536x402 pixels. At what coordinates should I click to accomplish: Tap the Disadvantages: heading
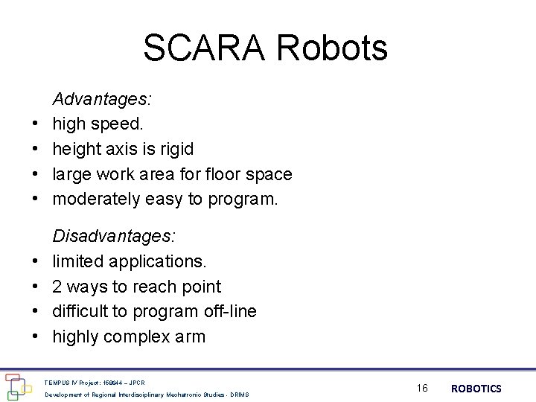pos(114,236)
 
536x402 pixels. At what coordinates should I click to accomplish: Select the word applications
pos(158,261)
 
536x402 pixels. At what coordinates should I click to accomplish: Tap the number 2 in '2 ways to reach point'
pos(57,287)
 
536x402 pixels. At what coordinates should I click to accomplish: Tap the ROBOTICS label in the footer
pos(476,389)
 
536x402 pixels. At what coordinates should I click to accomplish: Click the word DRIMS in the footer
pos(240,394)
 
